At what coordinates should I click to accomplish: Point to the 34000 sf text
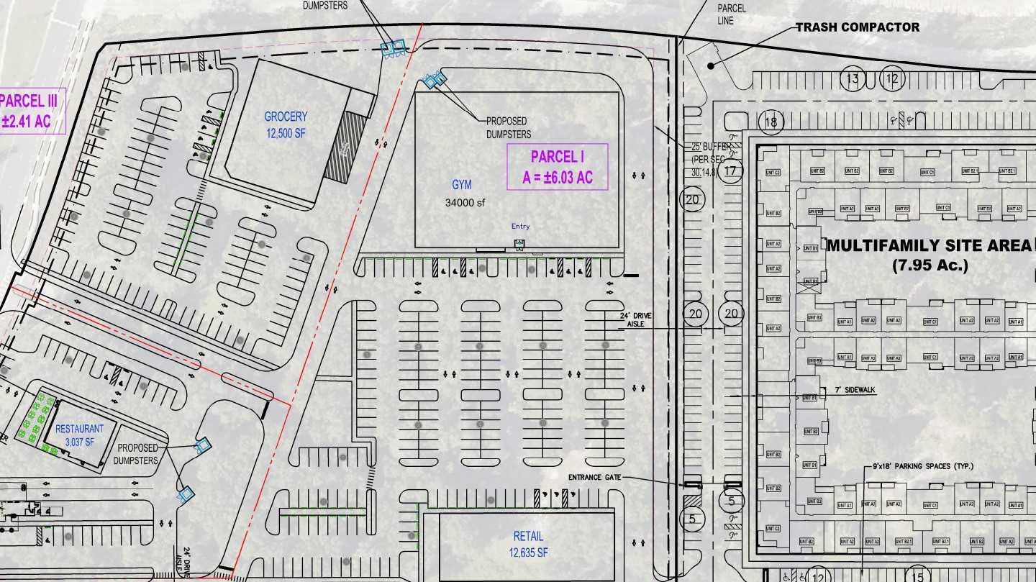tap(465, 202)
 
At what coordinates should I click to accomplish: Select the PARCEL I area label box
tap(558, 166)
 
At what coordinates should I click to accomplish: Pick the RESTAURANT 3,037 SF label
tap(80, 435)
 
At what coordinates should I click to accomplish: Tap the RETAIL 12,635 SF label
tap(529, 544)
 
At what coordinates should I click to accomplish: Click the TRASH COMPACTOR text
tap(857, 27)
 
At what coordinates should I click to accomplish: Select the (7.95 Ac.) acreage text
tap(930, 265)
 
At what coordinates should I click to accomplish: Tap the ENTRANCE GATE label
tap(595, 477)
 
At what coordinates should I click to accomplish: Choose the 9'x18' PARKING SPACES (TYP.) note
tap(919, 467)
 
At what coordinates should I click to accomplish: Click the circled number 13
tap(853, 78)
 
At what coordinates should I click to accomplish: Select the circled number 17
tap(732, 171)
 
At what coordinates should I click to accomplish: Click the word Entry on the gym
tap(520, 227)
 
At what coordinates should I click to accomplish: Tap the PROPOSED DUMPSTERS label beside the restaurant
tap(137, 454)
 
